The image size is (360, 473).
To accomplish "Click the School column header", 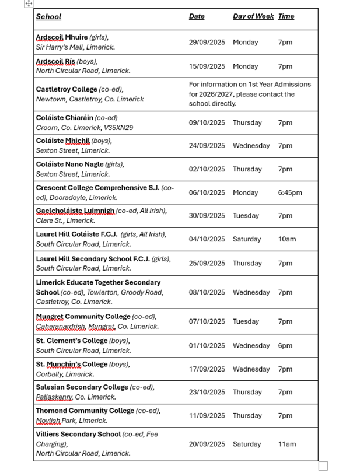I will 48,17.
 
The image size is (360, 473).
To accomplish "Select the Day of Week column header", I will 253,16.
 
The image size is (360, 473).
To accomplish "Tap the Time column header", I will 286,16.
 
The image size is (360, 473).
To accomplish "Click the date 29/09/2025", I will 207,43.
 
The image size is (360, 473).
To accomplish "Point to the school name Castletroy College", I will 67,89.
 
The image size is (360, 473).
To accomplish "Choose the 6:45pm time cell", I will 290,193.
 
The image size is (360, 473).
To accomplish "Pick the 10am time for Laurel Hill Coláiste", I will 287,239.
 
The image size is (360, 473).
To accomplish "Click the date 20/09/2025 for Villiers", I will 207,444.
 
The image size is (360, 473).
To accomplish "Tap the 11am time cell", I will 287,444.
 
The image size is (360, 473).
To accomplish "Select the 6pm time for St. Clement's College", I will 285,346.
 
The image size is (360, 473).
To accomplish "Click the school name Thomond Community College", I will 85,411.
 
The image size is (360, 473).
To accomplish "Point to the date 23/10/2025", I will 207,393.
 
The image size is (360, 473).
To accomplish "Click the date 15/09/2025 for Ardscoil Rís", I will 207,66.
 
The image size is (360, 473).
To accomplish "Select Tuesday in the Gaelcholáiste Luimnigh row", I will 246,216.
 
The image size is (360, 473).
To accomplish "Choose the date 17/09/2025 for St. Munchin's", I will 207,369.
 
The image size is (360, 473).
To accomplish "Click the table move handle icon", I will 29,3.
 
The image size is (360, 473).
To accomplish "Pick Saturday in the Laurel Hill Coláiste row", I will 247,239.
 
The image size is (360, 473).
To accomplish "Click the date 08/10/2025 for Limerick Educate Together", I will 207,293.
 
